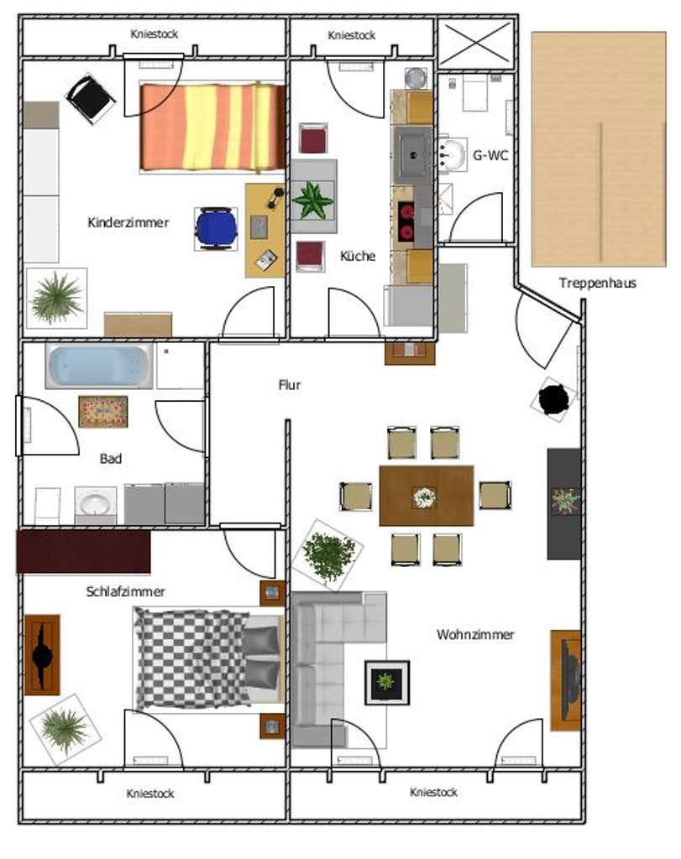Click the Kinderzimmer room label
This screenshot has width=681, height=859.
[x=128, y=222]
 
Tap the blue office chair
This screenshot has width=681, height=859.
[x=216, y=228]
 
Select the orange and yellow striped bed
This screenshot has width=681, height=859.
[x=212, y=127]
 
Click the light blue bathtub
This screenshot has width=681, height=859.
[x=99, y=366]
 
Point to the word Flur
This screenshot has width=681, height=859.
[x=290, y=385]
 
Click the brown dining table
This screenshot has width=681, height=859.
[x=426, y=496]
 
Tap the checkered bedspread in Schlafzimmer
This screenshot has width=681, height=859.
[x=192, y=659]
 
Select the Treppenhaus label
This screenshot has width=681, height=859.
[x=597, y=284]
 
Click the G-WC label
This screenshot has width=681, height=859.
[x=490, y=155]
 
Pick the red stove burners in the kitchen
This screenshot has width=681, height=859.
[x=406, y=221]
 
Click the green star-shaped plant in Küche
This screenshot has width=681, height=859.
[x=313, y=200]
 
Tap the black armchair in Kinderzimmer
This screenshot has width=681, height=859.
[x=90, y=99]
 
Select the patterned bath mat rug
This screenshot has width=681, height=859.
[x=103, y=411]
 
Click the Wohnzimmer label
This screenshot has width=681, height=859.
[x=475, y=634]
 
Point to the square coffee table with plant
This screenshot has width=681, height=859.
[x=387, y=683]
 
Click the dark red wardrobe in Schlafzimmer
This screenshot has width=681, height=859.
[x=84, y=551]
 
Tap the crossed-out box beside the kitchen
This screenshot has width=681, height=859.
[x=476, y=44]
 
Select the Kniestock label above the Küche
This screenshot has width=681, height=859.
[x=352, y=35]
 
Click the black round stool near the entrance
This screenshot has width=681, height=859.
[x=553, y=399]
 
